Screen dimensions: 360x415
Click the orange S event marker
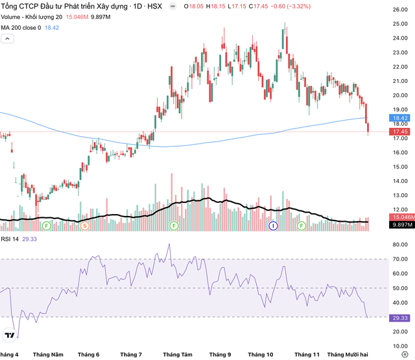pyautogui.click(x=85, y=226)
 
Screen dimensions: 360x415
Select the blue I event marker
pyautogui.click(x=273, y=226)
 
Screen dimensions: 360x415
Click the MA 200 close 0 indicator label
pyautogui.click(x=21, y=28)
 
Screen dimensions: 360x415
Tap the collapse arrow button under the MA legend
pyautogui.click(x=7, y=40)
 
